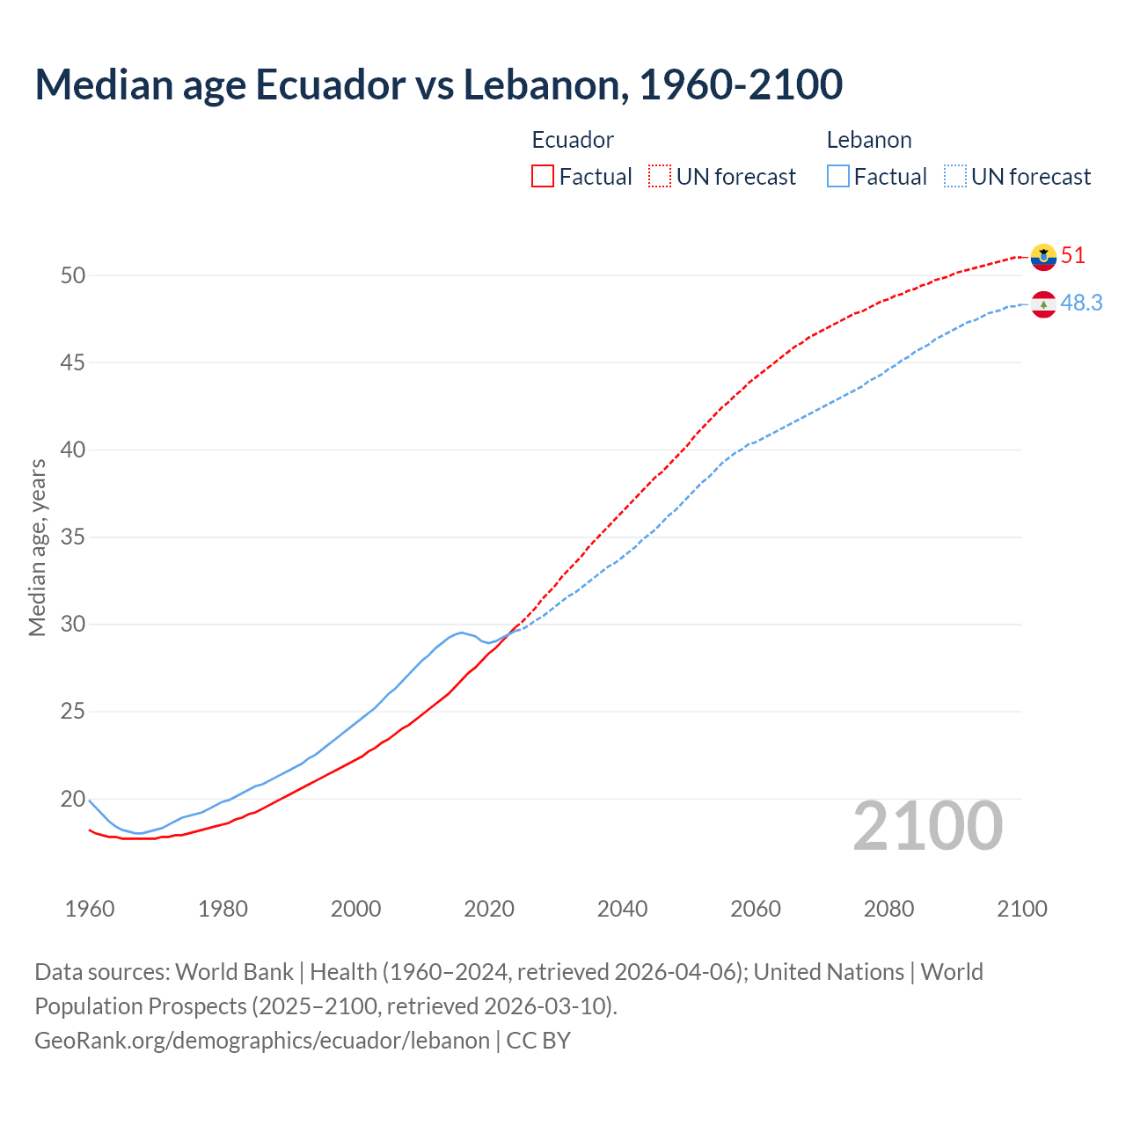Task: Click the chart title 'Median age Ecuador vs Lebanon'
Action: pos(438,85)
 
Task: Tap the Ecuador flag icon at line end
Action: pos(1043,256)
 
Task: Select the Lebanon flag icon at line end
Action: pos(1043,304)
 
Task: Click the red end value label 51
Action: pos(1073,256)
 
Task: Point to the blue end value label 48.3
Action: pos(1081,303)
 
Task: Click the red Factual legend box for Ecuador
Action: pos(543,177)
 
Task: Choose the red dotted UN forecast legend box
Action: pos(660,177)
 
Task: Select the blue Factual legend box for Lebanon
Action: pos(838,177)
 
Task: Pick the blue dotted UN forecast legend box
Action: pos(955,177)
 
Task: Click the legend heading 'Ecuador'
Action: pos(573,140)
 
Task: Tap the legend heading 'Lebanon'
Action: pos(869,140)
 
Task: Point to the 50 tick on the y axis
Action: pos(73,275)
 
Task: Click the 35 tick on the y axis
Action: pos(73,537)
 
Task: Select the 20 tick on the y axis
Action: pos(73,800)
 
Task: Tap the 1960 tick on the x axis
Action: pos(90,909)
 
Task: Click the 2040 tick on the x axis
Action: pos(622,909)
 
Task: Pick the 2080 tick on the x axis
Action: pos(888,909)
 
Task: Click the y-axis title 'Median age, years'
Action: pos(37,547)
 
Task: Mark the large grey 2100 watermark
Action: pos(927,826)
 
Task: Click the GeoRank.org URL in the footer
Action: pos(261,1041)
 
